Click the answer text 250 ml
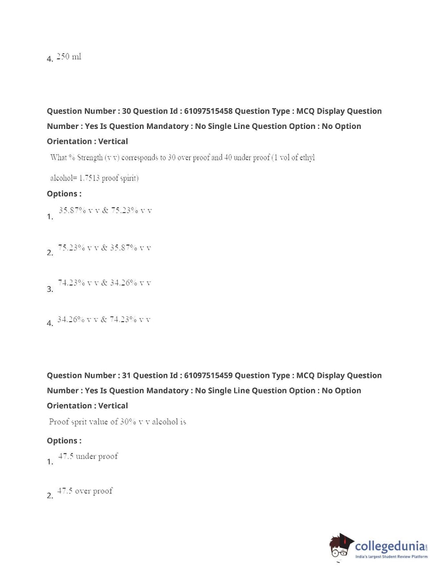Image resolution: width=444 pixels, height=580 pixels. click(x=69, y=57)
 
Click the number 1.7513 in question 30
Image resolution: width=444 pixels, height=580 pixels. click(x=89, y=178)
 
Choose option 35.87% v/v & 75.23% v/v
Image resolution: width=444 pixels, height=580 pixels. click(x=105, y=210)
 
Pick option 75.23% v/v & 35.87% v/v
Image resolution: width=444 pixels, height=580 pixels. click(x=105, y=247)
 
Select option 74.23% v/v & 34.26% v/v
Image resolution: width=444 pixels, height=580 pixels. click(x=104, y=283)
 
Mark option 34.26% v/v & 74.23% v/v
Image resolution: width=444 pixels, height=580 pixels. click(x=104, y=320)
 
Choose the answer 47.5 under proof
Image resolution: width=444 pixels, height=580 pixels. click(x=88, y=456)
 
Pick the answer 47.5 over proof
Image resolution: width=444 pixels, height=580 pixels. click(x=85, y=491)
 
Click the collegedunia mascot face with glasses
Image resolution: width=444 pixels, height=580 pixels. click(x=341, y=546)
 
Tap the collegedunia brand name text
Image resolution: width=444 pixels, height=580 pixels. click(x=390, y=546)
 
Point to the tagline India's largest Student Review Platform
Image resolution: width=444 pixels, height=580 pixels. click(x=391, y=557)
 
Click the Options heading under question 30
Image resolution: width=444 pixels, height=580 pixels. click(x=64, y=194)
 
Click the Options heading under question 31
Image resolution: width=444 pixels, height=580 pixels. click(x=64, y=441)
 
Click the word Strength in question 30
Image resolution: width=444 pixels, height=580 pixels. click(x=89, y=158)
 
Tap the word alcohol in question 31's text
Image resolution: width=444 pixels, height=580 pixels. click(x=165, y=422)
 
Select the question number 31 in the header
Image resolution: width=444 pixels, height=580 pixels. click(x=126, y=375)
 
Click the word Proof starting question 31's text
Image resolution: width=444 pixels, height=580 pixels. click(x=59, y=422)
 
